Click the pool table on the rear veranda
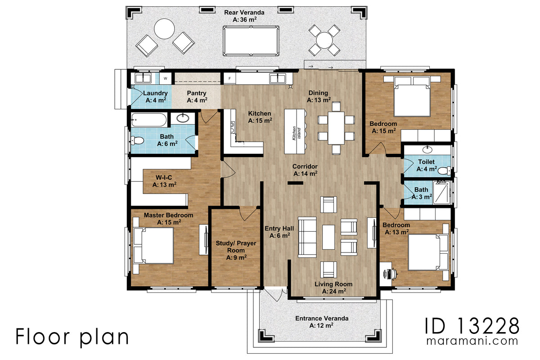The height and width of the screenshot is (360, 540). coord(250,40)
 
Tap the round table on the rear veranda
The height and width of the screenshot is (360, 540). coord(164,30)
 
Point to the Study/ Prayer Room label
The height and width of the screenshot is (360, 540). coord(236,250)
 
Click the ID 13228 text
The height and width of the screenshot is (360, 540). coord(472,325)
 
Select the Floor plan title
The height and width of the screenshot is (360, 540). coord(72,337)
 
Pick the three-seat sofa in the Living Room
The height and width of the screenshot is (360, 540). coord(307,237)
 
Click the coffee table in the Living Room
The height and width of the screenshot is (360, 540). coord(328,237)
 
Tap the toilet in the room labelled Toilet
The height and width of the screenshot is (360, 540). coord(444,171)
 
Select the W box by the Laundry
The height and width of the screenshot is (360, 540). coord(166,78)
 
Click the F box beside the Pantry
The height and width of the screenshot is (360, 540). coord(229,78)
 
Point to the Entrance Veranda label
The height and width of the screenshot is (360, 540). coord(321,321)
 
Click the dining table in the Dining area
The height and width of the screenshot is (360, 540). coord(336,127)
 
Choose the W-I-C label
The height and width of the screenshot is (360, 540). coord(164,181)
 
